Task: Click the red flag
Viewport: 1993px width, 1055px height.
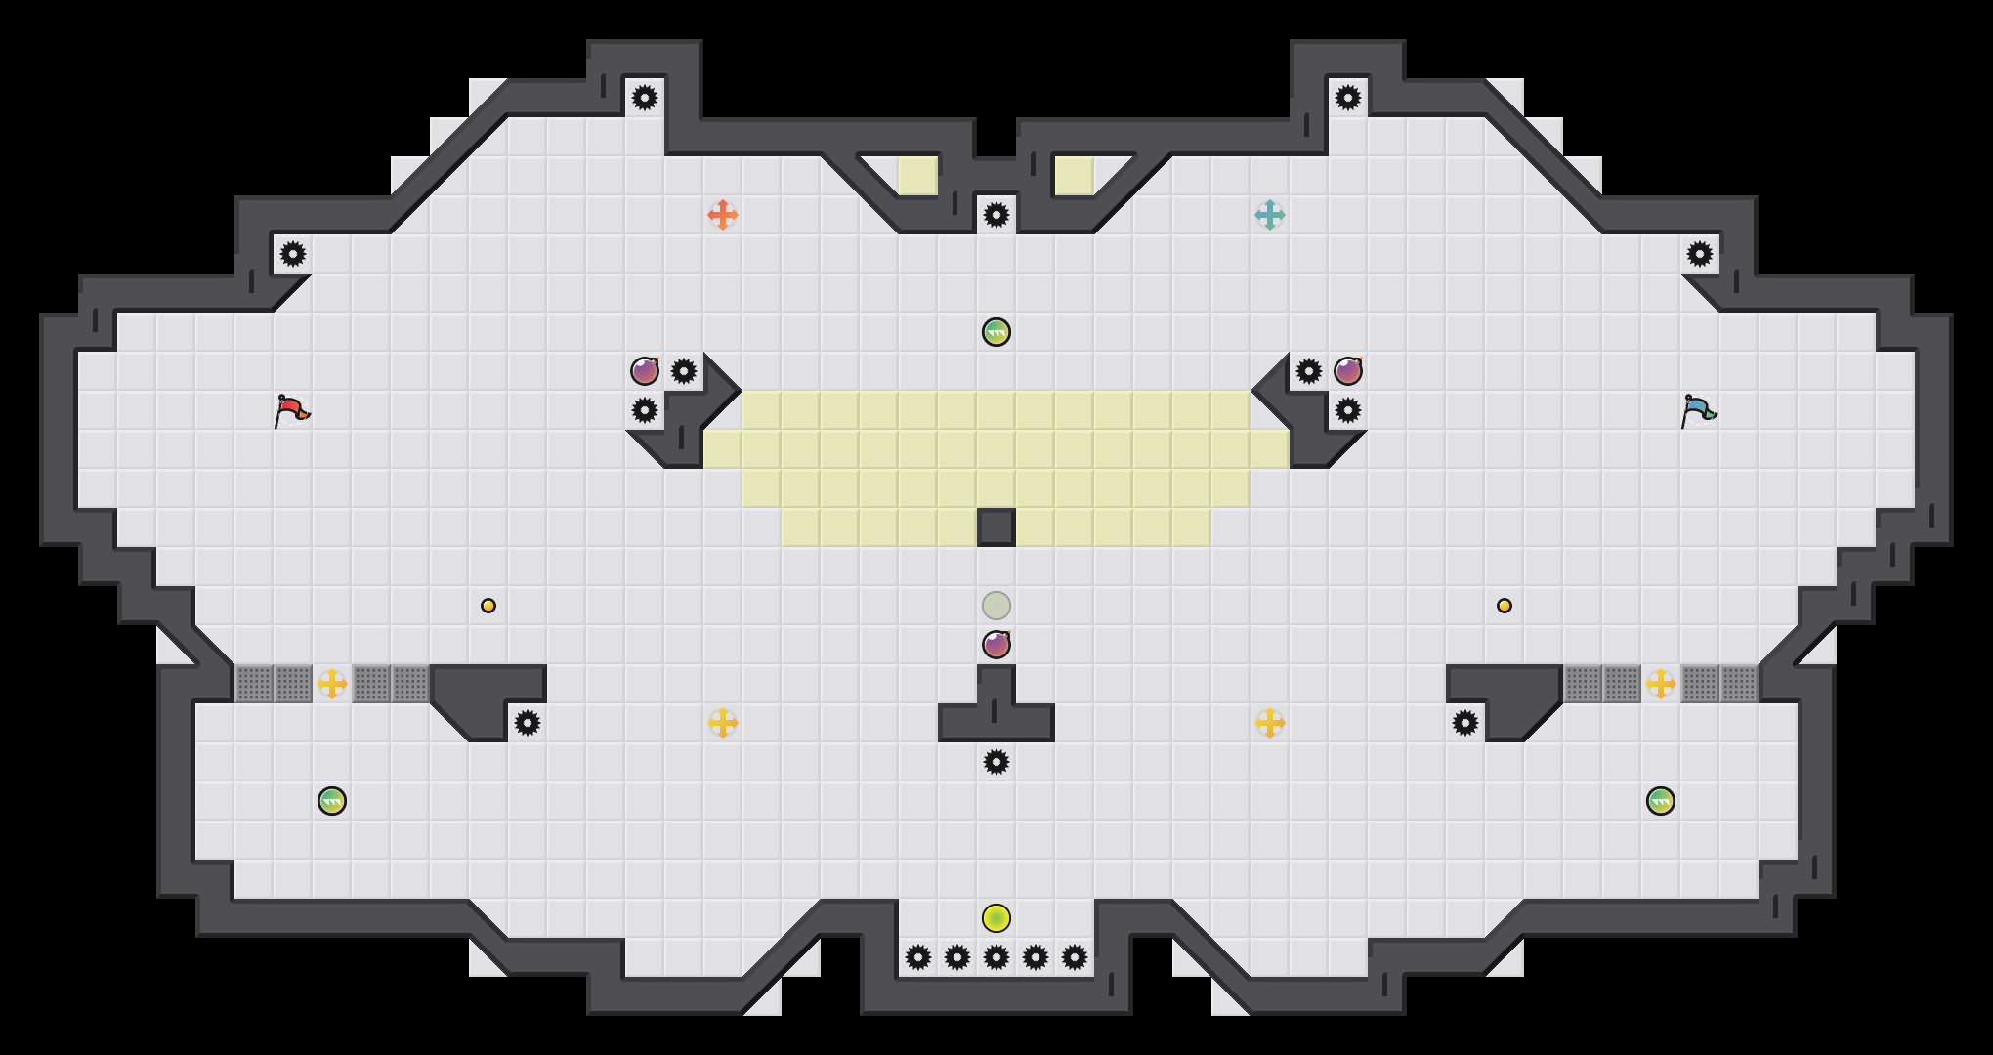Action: pyautogui.click(x=291, y=410)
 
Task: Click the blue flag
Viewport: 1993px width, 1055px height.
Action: pyautogui.click(x=1698, y=410)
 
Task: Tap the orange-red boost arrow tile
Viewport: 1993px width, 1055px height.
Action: pyautogui.click(x=723, y=215)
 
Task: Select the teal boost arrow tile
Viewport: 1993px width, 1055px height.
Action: pyautogui.click(x=1270, y=215)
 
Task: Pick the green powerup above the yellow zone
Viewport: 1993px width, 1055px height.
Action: pyautogui.click(x=996, y=332)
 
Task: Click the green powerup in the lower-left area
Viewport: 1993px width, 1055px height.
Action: pyautogui.click(x=332, y=801)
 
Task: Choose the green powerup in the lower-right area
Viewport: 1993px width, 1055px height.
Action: pyautogui.click(x=1661, y=801)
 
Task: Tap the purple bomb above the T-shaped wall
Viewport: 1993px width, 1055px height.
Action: pyautogui.click(x=996, y=645)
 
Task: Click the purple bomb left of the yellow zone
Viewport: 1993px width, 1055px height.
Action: pyautogui.click(x=645, y=371)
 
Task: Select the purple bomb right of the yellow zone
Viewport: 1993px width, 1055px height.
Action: pyautogui.click(x=1348, y=371)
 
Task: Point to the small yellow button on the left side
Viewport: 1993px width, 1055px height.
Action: pyautogui.click(x=488, y=606)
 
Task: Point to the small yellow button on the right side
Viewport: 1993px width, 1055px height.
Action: pyautogui.click(x=1505, y=606)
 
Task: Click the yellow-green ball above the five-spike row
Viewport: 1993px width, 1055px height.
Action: pyautogui.click(x=996, y=918)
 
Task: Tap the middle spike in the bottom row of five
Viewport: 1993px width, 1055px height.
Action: pyautogui.click(x=996, y=957)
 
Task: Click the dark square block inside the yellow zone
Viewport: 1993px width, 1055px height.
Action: pyautogui.click(x=996, y=527)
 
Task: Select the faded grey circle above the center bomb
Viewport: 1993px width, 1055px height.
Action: pyautogui.click(x=996, y=606)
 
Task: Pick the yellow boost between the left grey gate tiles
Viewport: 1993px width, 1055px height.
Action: pyautogui.click(x=332, y=684)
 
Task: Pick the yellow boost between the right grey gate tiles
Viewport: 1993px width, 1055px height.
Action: pyautogui.click(x=1661, y=684)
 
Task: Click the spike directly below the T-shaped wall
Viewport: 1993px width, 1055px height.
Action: pyautogui.click(x=996, y=762)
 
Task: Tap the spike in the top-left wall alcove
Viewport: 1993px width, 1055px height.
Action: pyautogui.click(x=645, y=98)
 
